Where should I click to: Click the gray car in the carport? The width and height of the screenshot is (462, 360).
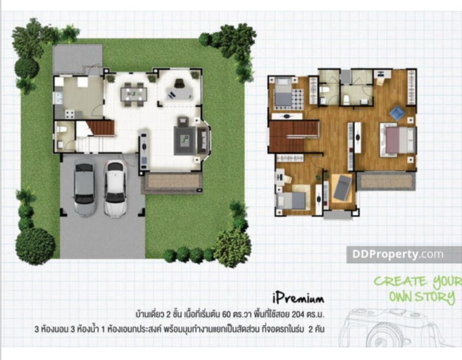coord(84,190)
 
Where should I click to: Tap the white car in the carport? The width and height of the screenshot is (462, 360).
coord(115,188)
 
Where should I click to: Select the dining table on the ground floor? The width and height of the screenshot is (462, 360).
coord(134,94)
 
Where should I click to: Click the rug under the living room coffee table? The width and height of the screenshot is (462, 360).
coord(184,141)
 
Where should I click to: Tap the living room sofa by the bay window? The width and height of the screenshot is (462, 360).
coord(202,140)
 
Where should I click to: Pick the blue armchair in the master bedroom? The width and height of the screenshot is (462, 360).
coord(397,113)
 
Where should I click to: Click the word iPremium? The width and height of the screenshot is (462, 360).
coord(298,298)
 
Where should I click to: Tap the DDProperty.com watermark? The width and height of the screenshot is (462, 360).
coord(398,254)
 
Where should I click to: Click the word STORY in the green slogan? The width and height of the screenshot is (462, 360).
coord(435,297)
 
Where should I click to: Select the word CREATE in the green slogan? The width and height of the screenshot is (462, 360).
coord(400,282)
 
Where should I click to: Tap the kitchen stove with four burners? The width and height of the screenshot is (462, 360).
coord(70,114)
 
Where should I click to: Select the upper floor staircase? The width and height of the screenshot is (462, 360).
coord(293,136)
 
